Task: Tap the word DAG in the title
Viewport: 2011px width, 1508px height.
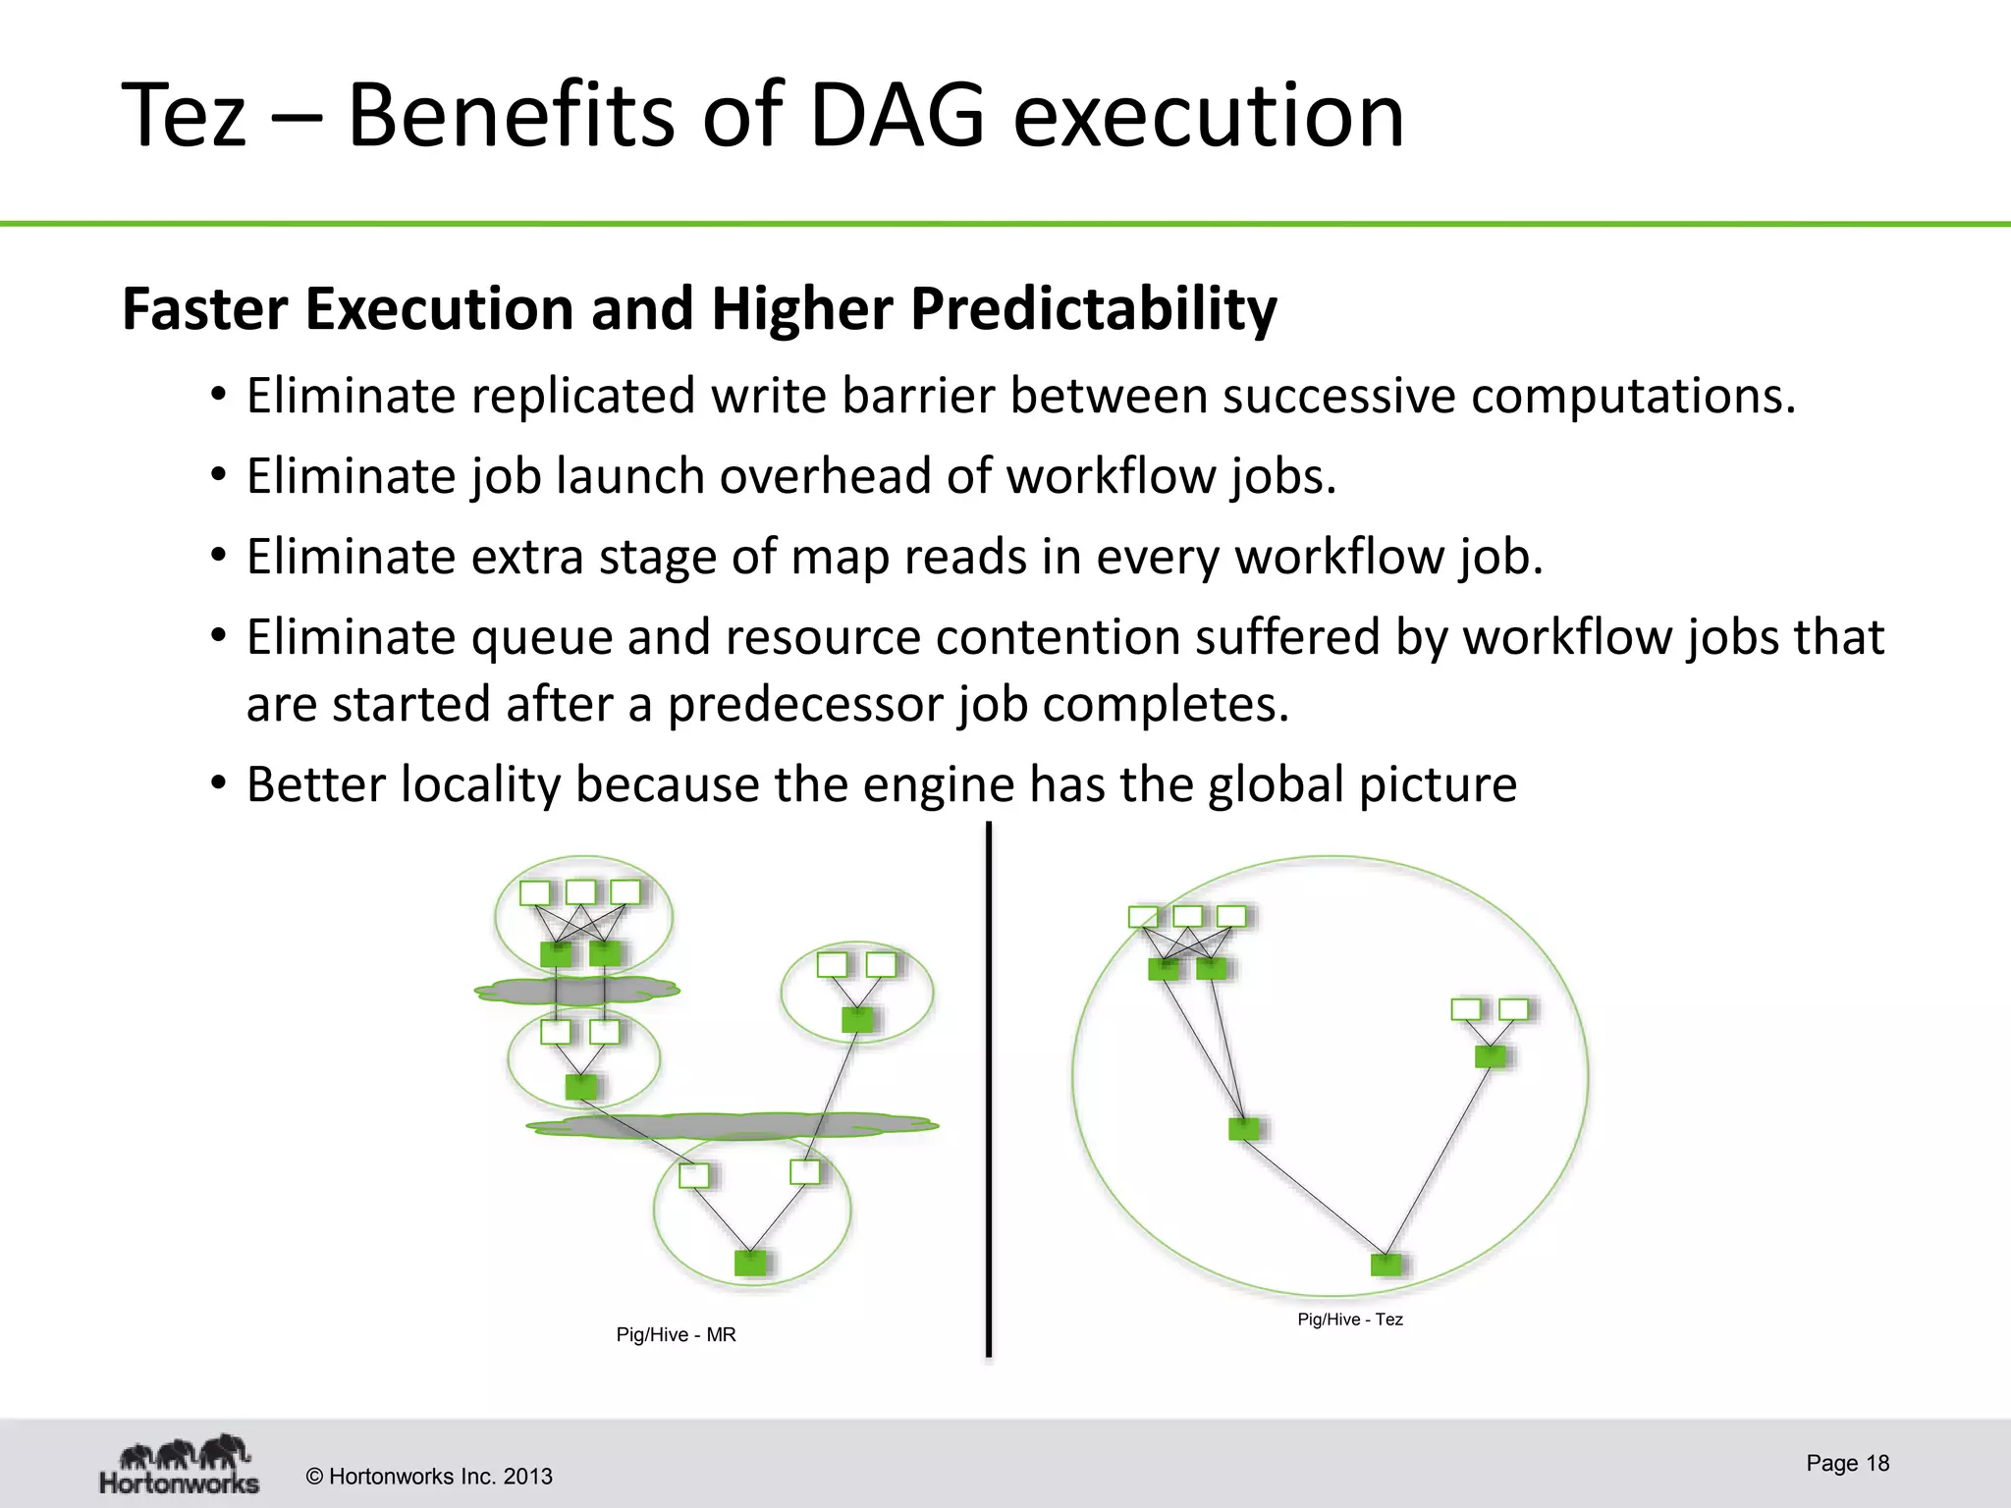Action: coord(897,116)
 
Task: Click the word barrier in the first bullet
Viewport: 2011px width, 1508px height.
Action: coord(918,397)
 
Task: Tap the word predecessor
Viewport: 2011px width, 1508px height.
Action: coord(804,705)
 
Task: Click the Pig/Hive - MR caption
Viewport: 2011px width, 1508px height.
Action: coord(676,1335)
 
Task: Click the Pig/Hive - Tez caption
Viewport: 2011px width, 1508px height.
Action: coord(1349,1319)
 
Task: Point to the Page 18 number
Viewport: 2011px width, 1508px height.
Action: coord(1847,1464)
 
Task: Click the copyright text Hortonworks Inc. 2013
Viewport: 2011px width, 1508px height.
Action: coord(429,1477)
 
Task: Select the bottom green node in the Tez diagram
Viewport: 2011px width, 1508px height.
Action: coord(1386,1264)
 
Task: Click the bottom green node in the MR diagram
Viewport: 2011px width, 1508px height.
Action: coord(750,1263)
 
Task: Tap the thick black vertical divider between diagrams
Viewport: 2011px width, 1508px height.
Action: coord(988,1090)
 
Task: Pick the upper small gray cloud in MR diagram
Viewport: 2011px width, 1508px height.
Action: coord(577,991)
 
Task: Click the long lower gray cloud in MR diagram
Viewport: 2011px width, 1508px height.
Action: coord(732,1125)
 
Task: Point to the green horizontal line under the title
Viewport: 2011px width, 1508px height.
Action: coord(1005,225)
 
